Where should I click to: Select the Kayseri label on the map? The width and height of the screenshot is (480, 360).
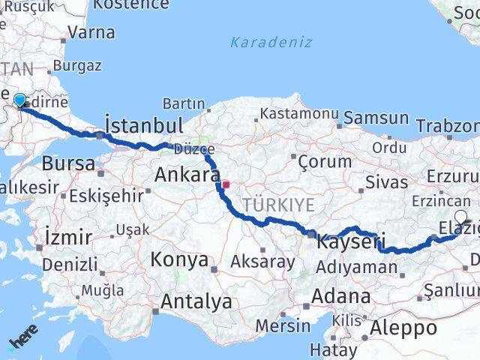[350, 242]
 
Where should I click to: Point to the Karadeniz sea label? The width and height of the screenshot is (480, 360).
[271, 42]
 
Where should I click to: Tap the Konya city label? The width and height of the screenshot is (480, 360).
[179, 259]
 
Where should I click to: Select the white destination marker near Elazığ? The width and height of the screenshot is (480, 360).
[460, 217]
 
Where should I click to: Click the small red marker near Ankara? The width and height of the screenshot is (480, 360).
[226, 182]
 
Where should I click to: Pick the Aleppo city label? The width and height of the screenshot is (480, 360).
[403, 328]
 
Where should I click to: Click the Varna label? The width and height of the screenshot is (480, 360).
[91, 32]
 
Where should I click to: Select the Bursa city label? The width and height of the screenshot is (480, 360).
[68, 163]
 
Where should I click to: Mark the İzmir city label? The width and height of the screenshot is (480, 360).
[68, 238]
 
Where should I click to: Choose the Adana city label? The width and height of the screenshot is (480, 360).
[341, 295]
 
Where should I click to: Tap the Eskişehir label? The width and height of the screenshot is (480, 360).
[106, 196]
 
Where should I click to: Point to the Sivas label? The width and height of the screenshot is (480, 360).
[386, 181]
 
